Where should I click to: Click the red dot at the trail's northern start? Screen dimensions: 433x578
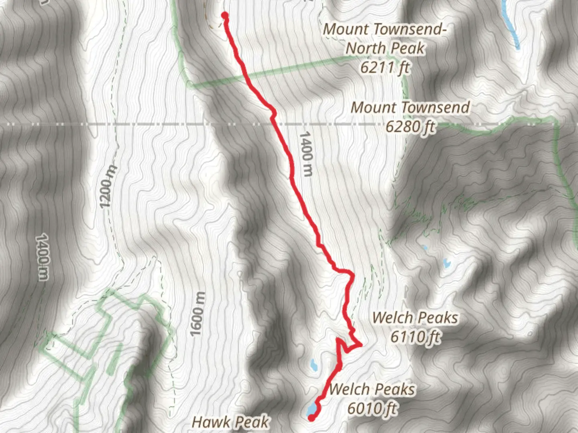pos(225,16)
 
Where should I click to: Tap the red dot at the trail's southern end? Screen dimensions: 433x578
pos(311,418)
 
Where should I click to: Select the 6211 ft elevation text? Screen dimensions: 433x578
pos(385,67)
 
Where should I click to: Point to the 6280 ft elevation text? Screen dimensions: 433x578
pos(410,127)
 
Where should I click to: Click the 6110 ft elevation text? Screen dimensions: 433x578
pos(415,336)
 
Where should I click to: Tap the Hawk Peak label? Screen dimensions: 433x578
pos(230,422)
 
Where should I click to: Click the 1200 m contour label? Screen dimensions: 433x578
pos(108,186)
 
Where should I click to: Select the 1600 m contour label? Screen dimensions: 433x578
pos(197,314)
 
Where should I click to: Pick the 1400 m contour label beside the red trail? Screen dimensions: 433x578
pos(306,154)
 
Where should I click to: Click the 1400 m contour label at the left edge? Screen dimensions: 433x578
pos(42,257)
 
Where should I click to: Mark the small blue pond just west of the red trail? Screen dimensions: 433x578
pos(313,365)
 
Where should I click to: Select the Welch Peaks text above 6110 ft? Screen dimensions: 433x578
pos(415,318)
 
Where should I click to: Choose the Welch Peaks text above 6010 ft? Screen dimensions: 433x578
pos(372,389)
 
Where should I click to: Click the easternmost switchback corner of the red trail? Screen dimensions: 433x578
pos(361,344)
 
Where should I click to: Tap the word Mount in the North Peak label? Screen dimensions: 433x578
pos(346,29)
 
